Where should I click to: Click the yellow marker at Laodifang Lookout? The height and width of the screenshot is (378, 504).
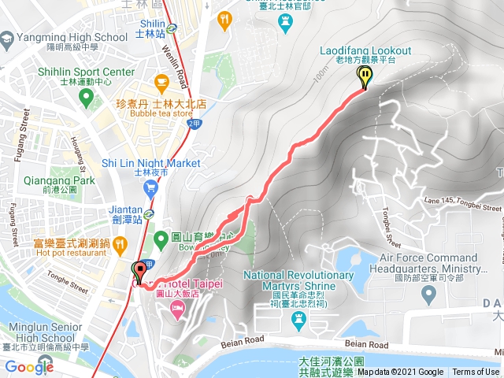[365, 77]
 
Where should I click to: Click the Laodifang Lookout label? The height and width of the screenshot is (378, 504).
[365, 51]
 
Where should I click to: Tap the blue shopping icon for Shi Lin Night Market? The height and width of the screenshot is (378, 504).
[150, 187]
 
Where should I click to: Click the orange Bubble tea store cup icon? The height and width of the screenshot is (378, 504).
[161, 80]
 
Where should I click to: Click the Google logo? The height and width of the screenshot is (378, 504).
[29, 366]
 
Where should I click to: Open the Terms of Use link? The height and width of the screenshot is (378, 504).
[476, 372]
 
